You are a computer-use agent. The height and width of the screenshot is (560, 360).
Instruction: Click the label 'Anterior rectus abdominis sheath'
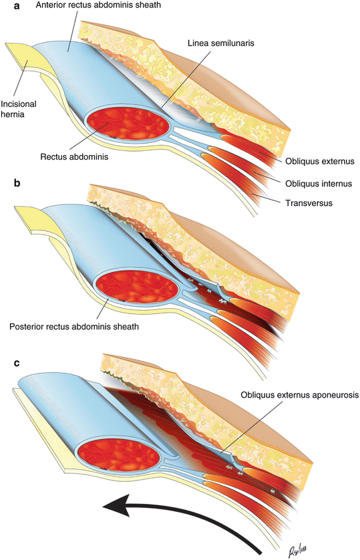point(104,5)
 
